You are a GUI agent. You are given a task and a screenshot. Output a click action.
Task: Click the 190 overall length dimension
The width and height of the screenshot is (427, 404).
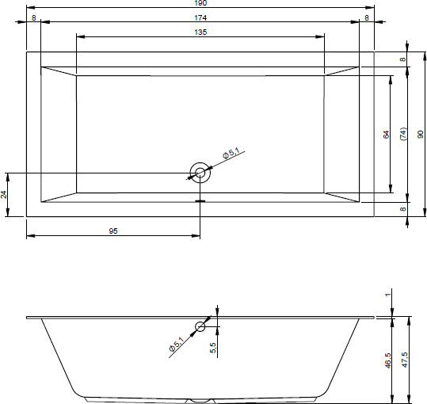200,3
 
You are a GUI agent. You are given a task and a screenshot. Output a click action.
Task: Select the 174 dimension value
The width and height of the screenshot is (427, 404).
200,18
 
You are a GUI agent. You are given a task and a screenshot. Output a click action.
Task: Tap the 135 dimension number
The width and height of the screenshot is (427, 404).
200,32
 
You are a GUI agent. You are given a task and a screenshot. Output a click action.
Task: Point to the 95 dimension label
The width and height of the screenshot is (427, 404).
113,231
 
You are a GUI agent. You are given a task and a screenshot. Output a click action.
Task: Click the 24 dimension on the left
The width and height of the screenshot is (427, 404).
3,195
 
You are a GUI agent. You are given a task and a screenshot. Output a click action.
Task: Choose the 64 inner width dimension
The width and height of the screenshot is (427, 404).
386,135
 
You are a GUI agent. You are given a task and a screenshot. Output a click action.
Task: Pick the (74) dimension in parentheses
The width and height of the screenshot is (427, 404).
403,134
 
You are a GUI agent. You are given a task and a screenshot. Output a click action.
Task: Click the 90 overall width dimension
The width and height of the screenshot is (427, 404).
421,134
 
